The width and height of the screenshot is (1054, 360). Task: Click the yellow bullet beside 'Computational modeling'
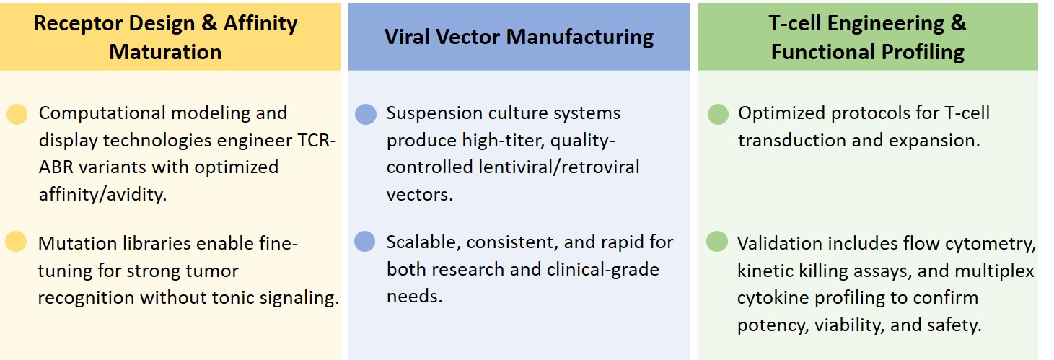point(17,115)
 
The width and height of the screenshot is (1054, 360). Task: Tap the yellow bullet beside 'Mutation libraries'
point(16,242)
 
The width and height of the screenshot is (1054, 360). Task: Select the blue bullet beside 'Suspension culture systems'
point(366,115)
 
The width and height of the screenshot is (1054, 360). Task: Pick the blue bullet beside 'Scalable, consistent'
point(364,242)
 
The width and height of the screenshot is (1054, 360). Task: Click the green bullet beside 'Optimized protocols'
point(718,115)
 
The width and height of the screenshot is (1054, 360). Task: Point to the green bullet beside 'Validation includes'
point(717,242)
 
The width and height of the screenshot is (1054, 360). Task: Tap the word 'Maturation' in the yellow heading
point(165,52)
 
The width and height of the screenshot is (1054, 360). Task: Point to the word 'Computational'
point(102,113)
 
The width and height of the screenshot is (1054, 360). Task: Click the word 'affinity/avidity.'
point(102,194)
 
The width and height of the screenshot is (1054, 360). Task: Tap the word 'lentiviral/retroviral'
point(559,167)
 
